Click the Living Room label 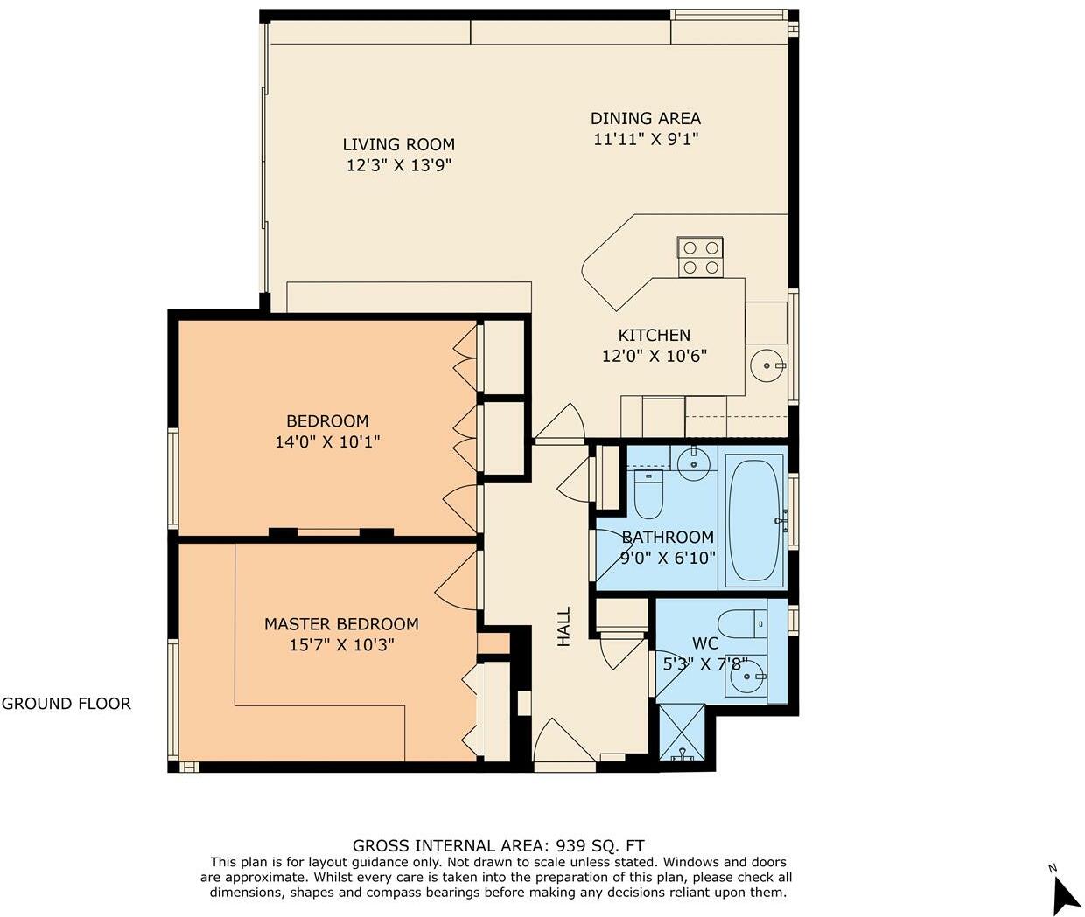click(398, 144)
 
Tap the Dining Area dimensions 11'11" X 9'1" click(645, 139)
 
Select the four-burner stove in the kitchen click(700, 257)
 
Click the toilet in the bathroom click(648, 496)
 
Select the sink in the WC click(747, 677)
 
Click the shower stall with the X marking click(681, 732)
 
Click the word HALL click(564, 627)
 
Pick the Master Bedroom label click(341, 624)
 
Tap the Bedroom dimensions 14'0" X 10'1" click(327, 442)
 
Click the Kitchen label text click(654, 335)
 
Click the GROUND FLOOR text click(66, 704)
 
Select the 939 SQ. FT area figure click(597, 845)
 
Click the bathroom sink click(694, 462)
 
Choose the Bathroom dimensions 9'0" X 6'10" click(668, 558)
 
